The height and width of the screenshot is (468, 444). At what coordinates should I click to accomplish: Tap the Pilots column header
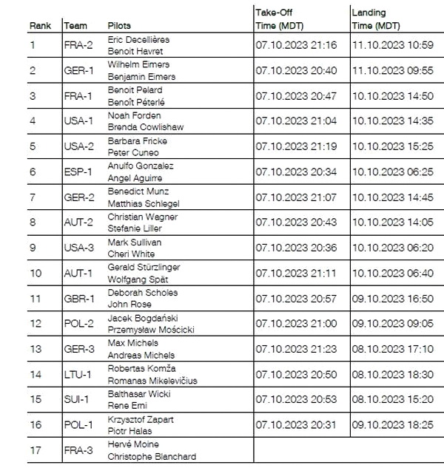[120, 26]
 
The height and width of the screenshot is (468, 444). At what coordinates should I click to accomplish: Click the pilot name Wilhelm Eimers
[135, 65]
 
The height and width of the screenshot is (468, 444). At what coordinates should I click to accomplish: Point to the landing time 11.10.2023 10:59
[392, 46]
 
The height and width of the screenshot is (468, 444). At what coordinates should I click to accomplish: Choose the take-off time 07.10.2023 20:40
[296, 71]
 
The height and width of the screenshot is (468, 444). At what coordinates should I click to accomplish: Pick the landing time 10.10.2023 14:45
[392, 197]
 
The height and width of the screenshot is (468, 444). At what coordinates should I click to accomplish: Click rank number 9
[33, 248]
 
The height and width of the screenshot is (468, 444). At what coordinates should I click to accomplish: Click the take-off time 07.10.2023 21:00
[296, 324]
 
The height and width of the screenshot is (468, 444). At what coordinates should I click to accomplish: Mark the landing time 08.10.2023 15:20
[392, 400]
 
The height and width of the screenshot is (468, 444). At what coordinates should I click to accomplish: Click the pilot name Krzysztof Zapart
[141, 419]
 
